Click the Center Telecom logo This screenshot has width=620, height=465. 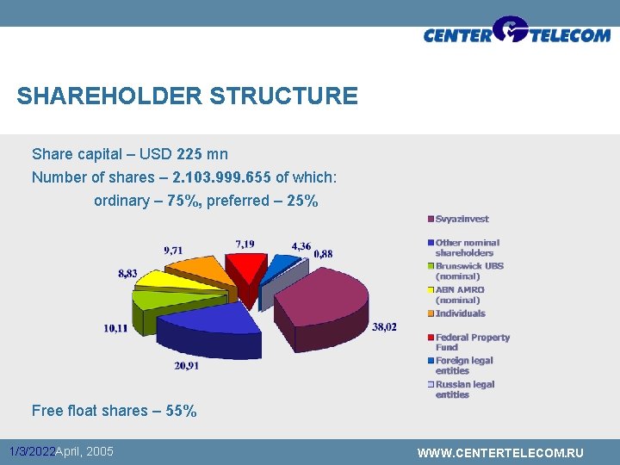pyautogui.click(x=516, y=34)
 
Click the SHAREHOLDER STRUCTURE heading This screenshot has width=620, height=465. pyautogui.click(x=187, y=96)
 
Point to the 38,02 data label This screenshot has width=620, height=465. pyautogui.click(x=385, y=326)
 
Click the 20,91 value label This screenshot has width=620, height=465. pyautogui.click(x=187, y=365)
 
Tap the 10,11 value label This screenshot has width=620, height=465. pyautogui.click(x=116, y=328)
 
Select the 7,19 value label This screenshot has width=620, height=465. pyautogui.click(x=245, y=245)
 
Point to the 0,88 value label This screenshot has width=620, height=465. pyautogui.click(x=324, y=253)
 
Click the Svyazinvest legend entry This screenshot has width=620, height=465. pyautogui.click(x=462, y=220)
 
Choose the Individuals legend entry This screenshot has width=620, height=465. pyautogui.click(x=460, y=313)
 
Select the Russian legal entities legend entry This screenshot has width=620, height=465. pyautogui.click(x=464, y=389)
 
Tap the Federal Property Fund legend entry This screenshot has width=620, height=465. pyautogui.click(x=471, y=342)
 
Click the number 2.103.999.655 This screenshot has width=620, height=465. pyautogui.click(x=222, y=177)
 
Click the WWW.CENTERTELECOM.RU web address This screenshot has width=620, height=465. pyautogui.click(x=499, y=453)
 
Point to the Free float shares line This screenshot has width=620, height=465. pyautogui.click(x=114, y=411)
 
